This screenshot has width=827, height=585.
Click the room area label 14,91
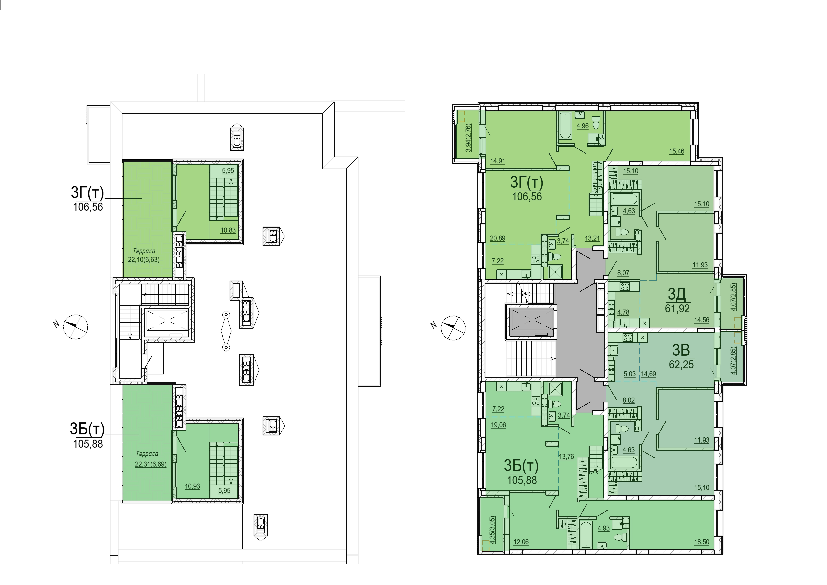click(x=498, y=161)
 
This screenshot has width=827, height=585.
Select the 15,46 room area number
click(x=677, y=151)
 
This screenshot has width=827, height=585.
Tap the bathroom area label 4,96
click(x=583, y=126)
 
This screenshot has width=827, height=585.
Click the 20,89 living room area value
click(x=498, y=238)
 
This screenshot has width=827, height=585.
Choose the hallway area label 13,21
click(x=592, y=238)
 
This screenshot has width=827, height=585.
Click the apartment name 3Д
click(x=677, y=294)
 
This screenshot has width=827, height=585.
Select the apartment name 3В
click(x=681, y=350)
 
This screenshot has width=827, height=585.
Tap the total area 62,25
click(x=681, y=364)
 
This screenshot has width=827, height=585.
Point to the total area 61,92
click(x=677, y=309)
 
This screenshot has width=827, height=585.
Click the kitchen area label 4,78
click(x=623, y=312)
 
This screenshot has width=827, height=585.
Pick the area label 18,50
click(x=701, y=542)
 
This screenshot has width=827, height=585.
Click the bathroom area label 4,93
click(x=603, y=528)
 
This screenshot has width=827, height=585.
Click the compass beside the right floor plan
click(x=453, y=328)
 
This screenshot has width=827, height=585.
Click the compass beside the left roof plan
click(x=75, y=327)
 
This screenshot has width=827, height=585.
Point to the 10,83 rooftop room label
click(x=228, y=230)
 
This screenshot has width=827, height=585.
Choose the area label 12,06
click(x=521, y=542)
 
